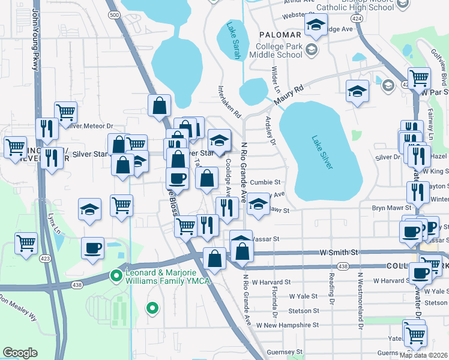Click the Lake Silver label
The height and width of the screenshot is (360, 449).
[322, 152]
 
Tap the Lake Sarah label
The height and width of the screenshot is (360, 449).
[232, 41]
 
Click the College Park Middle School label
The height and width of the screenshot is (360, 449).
[279, 50]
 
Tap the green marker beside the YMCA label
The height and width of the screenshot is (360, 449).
[116, 276]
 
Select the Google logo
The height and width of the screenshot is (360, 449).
[20, 353]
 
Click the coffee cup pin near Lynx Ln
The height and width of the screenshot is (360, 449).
[92, 248]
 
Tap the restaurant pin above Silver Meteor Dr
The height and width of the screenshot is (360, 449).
[46, 128]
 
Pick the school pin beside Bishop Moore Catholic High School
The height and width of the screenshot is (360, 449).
[315, 25]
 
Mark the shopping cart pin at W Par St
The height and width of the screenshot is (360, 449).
[419, 77]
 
